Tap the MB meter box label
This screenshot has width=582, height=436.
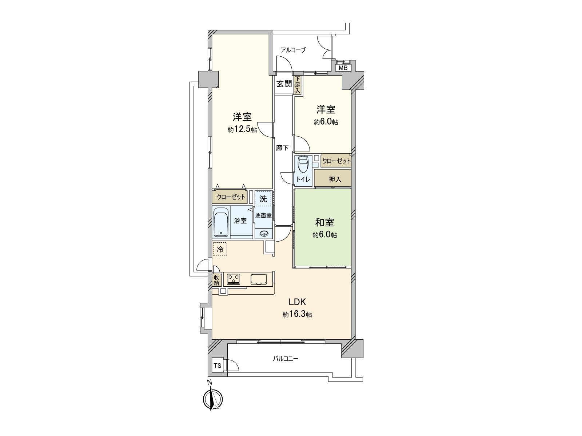pyautogui.click(x=343, y=68)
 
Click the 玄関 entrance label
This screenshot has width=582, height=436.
pyautogui.click(x=284, y=84)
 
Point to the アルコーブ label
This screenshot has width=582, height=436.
pyautogui.click(x=293, y=50)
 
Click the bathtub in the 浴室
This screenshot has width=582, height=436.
pyautogui.click(x=220, y=222)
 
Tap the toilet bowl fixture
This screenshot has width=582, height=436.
pyautogui.click(x=303, y=166)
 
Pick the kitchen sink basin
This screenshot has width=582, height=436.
pyautogui.click(x=259, y=279)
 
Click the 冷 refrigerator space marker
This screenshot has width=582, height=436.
pyautogui.click(x=220, y=249)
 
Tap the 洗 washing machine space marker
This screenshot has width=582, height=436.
pyautogui.click(x=263, y=199)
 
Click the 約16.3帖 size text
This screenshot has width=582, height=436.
pyautogui.click(x=297, y=315)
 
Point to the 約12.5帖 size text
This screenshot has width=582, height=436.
pyautogui.click(x=242, y=130)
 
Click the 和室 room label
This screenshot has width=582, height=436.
pyautogui.click(x=324, y=222)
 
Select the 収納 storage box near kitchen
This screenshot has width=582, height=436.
pyautogui.click(x=216, y=280)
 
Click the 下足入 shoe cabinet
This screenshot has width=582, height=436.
pyautogui.click(x=298, y=85)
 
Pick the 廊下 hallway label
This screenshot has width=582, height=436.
pyautogui.click(x=282, y=148)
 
